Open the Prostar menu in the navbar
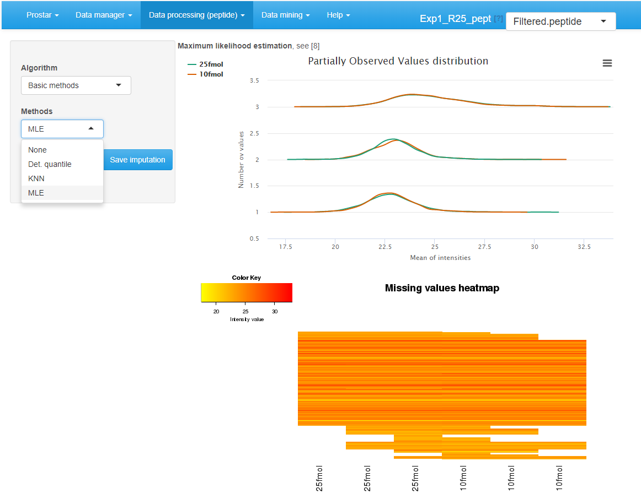(x=42, y=15)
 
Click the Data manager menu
(x=104, y=15)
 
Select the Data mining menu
(x=285, y=15)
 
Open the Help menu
(x=338, y=15)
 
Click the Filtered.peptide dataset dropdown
(x=560, y=21)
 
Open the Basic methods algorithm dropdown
(x=76, y=85)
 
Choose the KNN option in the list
(x=36, y=178)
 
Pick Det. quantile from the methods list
(x=50, y=164)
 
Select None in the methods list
(x=38, y=150)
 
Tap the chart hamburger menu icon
(x=607, y=63)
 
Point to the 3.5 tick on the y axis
(x=254, y=80)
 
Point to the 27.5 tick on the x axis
(x=484, y=247)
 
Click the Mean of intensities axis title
(x=440, y=257)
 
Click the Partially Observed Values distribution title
(x=398, y=61)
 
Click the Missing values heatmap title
(x=442, y=288)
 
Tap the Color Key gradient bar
(x=246, y=292)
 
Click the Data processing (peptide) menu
(x=196, y=15)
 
